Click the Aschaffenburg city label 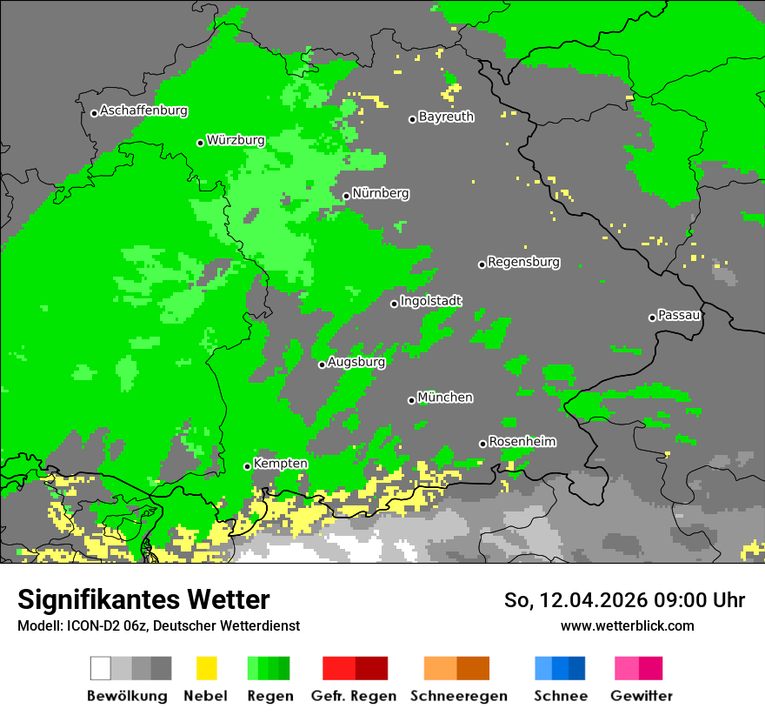143,111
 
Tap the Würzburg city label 236,141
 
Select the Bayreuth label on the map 446,117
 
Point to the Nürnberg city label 381,194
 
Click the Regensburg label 523,262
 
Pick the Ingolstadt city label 431,301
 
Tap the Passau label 679,316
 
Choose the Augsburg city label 356,362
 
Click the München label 445,398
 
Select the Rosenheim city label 522,442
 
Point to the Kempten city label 280,464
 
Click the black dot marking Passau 652,318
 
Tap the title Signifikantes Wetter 143,600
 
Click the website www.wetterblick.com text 628,625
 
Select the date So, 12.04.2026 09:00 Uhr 624,600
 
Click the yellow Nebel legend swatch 205,668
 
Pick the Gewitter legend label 642,696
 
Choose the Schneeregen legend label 457,696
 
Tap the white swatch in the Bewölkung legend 101,668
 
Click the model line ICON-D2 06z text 158,625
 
